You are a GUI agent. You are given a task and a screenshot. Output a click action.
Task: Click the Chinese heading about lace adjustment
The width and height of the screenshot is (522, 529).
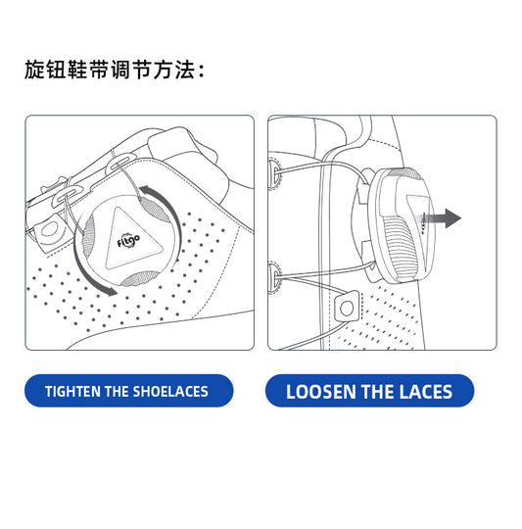115,70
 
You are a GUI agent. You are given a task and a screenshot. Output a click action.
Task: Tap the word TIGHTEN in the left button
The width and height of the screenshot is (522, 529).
73,391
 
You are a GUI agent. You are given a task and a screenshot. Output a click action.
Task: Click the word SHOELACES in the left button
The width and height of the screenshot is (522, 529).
170,391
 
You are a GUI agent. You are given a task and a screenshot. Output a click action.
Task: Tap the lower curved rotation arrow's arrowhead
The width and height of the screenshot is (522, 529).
111,290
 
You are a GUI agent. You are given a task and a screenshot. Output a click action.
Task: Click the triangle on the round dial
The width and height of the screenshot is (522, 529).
131,240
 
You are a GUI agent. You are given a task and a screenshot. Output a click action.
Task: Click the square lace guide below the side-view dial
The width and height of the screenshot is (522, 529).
347,307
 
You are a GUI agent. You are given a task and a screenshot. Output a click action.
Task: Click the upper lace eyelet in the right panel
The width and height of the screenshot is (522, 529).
274,172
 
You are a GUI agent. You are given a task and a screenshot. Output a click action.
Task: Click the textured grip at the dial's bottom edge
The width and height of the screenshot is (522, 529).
139,278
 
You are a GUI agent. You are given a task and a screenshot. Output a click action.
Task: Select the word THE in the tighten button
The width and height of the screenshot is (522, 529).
117,391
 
